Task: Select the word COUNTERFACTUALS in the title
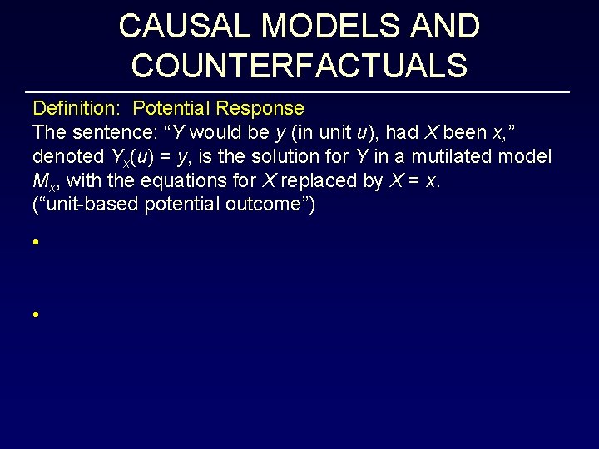pos(299,66)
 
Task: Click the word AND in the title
pos(446,27)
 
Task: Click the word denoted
pos(66,156)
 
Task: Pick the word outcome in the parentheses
pos(270,205)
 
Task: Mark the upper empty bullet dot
pos(36,244)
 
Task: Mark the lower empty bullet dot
pos(36,315)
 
